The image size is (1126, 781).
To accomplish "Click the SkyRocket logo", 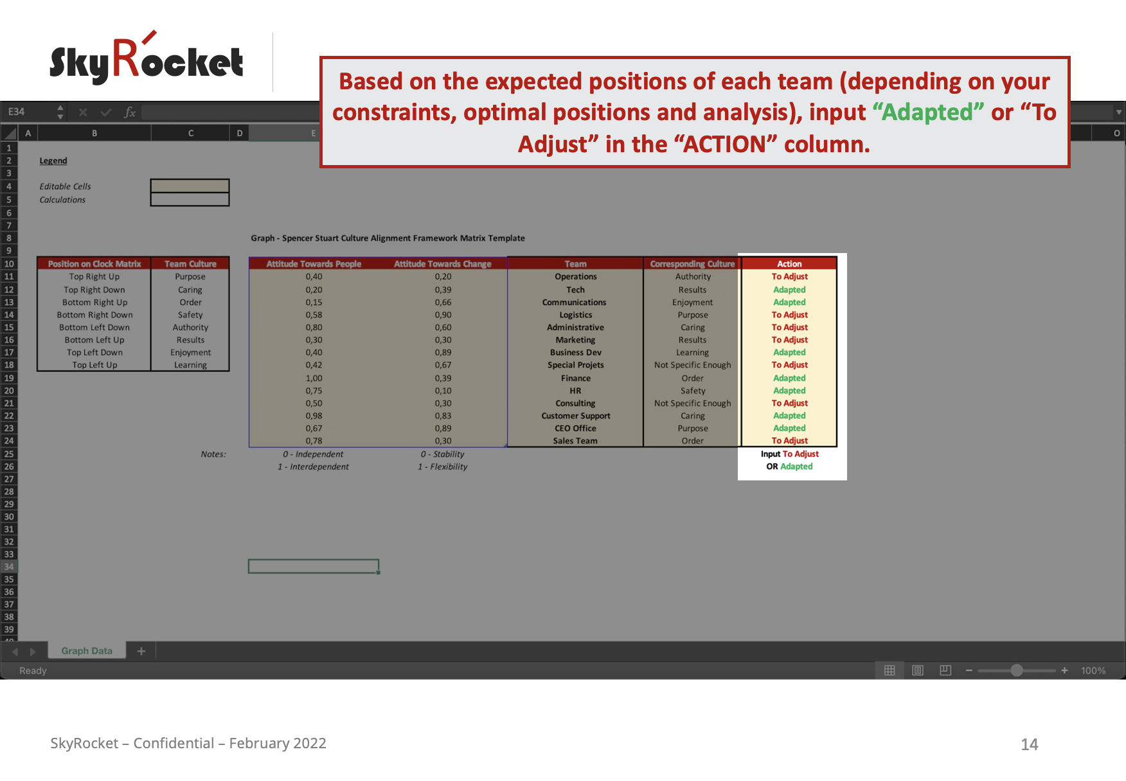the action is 147,58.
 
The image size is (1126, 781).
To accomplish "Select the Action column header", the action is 789,263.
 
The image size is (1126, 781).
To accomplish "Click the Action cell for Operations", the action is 789,277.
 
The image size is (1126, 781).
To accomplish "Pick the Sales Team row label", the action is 575,441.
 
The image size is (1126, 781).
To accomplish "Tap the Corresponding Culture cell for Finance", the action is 692,378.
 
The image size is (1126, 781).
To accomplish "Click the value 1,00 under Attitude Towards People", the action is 314,378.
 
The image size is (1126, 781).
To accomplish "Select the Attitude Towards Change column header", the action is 442,263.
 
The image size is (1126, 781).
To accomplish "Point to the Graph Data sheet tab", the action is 87,651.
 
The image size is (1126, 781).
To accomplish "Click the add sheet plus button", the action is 141,651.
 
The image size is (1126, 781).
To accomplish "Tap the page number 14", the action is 1030,744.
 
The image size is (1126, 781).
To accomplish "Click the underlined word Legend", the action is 53,161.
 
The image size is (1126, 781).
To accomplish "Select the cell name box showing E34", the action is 17,112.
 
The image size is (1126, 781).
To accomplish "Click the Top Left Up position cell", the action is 94,365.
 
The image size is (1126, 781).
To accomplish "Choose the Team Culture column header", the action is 190,263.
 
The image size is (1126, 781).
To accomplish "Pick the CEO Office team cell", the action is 575,428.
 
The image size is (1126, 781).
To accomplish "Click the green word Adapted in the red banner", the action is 927,112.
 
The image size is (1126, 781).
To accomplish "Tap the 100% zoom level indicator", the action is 1093,671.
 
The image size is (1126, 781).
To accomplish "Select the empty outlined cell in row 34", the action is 314,566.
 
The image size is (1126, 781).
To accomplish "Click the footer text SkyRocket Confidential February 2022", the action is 188,743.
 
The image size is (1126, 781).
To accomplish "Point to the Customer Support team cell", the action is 575,416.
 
